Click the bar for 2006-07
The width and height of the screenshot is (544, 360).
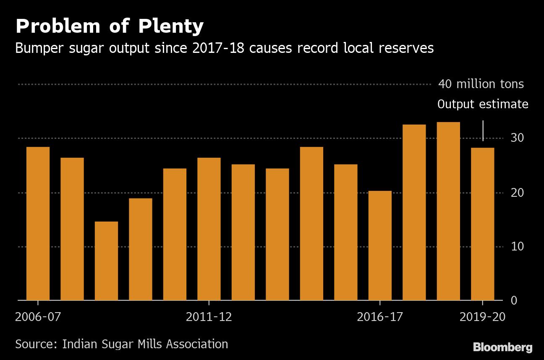38,224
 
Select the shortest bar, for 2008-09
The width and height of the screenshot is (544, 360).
106,261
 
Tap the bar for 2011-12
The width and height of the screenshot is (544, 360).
209,229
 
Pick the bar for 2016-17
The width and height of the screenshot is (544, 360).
380,246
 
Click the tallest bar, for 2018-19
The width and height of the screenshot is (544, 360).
448,211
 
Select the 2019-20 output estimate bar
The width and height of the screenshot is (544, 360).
483,224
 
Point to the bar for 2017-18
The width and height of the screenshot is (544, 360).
414,213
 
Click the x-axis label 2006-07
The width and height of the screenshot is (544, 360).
38,317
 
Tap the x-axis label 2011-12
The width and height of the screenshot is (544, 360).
209,317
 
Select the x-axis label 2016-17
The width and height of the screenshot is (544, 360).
379,317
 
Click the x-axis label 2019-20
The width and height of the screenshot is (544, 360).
483,317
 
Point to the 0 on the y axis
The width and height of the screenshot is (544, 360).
514,301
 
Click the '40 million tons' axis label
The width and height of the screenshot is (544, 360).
481,84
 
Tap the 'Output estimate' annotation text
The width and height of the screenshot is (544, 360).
483,104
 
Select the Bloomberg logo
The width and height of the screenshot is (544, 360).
503,347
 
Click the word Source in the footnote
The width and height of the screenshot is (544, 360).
34,344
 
